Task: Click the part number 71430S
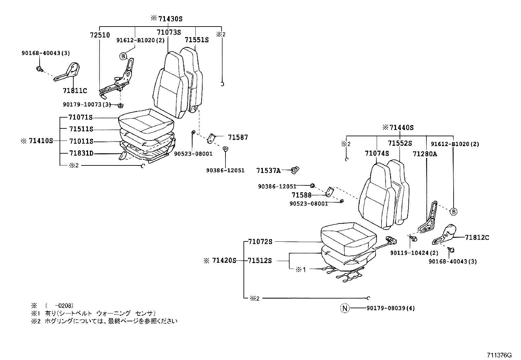pos(170,19)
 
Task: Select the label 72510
pos(99,35)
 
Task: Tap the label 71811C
pos(75,91)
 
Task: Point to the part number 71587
pos(238,137)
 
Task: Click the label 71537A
pos(268,170)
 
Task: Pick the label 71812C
pos(477,237)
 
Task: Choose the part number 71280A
pos(425,154)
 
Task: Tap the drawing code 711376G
pos(499,355)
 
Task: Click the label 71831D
pos(81,153)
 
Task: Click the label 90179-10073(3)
pos(86,104)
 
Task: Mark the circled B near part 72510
pos(123,56)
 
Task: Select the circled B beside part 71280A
pos(454,212)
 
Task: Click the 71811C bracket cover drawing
pos(68,73)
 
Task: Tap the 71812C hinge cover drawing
pos(446,235)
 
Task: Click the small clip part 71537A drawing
pos(296,170)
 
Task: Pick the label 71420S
pos(224,261)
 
